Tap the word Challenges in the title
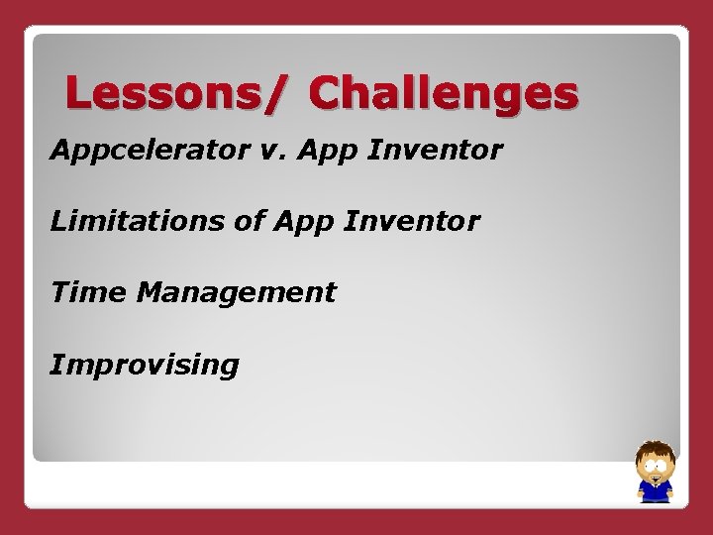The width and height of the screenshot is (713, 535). (443, 95)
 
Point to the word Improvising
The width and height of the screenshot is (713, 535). (145, 366)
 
